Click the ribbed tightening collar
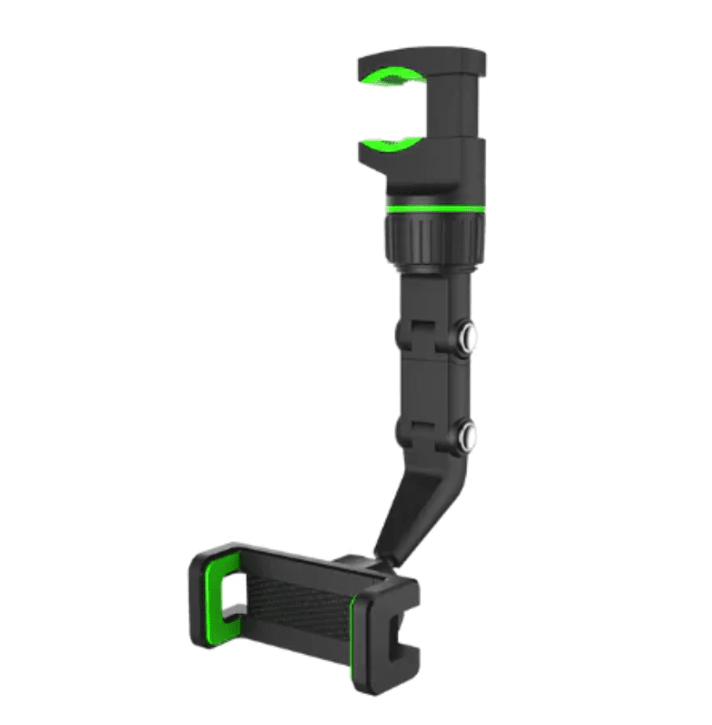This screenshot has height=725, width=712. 431,240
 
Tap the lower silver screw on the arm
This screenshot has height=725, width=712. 469,435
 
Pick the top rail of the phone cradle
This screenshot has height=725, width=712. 300,560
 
